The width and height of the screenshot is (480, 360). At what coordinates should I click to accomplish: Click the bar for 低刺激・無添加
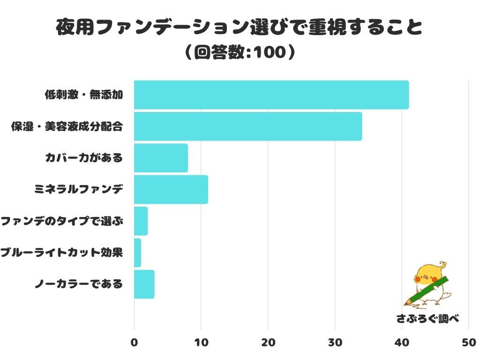tap(271, 95)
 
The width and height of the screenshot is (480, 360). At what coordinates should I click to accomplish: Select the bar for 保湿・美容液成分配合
tap(247, 126)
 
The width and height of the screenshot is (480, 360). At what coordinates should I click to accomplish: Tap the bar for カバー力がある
tap(161, 158)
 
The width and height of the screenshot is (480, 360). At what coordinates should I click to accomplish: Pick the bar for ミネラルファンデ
tap(171, 189)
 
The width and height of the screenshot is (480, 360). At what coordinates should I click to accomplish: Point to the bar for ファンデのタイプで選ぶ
tap(141, 221)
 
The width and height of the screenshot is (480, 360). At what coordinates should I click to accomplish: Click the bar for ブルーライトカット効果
tap(137, 253)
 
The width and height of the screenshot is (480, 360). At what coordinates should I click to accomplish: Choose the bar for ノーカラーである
tap(144, 284)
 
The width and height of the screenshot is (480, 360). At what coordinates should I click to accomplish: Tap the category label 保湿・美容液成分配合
tap(67, 127)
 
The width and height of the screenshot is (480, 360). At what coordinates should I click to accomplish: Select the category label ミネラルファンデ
tap(78, 190)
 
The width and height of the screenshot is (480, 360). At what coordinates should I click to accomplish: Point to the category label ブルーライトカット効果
tap(61, 253)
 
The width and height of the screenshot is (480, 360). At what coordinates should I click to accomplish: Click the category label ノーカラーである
tap(78, 284)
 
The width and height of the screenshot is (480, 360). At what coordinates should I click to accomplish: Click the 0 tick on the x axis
tap(134, 343)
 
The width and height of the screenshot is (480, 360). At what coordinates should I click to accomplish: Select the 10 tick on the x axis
tap(201, 343)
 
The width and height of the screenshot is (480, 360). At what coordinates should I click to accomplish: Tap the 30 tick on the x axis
tap(335, 343)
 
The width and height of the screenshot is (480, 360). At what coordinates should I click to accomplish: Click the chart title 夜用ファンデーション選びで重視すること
tap(239, 28)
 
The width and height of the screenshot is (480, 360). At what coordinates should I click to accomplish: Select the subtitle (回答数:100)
tap(240, 52)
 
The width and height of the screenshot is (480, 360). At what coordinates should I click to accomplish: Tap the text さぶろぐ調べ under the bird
tap(427, 319)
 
